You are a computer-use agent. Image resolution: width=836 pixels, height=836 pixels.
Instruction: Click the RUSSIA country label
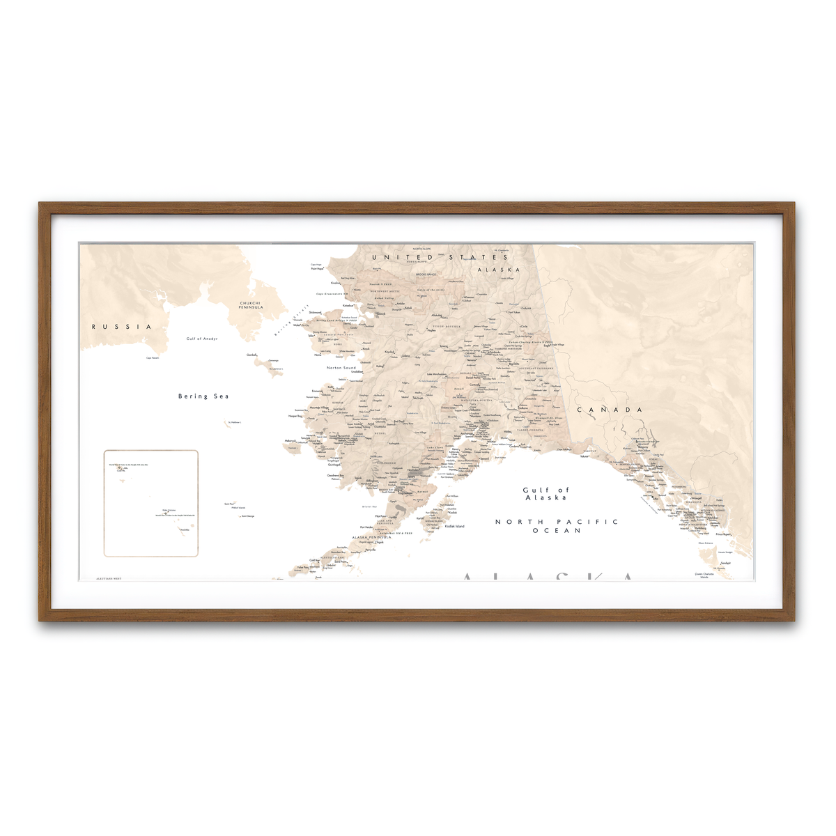(x=121, y=327)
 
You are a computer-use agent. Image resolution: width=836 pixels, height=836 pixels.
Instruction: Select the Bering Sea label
(x=203, y=396)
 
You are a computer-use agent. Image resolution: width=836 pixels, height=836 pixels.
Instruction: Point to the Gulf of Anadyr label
(x=202, y=339)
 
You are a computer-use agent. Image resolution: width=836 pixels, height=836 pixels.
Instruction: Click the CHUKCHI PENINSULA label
(x=250, y=305)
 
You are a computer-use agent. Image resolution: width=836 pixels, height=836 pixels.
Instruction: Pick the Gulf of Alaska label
(x=545, y=494)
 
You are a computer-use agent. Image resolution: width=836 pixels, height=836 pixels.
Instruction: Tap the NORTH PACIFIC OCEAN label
(x=557, y=526)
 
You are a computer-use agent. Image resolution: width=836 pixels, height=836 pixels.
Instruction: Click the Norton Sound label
(x=341, y=367)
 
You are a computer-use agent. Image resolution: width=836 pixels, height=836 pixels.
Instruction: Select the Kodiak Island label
(x=454, y=526)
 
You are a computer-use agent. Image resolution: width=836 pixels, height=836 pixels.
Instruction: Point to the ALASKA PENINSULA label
(x=371, y=537)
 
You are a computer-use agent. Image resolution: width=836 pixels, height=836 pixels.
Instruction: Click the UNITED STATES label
(x=440, y=258)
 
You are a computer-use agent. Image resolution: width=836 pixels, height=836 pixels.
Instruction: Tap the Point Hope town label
(x=317, y=269)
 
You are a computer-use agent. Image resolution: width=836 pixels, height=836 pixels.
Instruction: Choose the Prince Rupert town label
(x=723, y=534)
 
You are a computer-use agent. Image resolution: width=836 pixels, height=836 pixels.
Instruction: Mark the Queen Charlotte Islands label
(x=704, y=575)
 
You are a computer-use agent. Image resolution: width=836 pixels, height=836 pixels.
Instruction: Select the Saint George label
(x=248, y=516)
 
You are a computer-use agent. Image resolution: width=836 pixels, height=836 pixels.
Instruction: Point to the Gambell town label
(x=251, y=355)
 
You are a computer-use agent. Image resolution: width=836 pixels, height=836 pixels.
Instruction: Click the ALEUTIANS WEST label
(x=109, y=578)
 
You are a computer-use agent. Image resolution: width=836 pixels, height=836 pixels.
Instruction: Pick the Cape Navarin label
(x=153, y=358)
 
